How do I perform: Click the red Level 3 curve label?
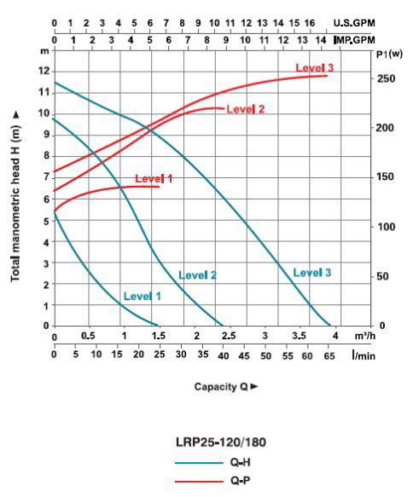point(315,68)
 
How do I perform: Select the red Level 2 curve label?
point(246,109)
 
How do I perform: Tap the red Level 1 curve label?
point(154,179)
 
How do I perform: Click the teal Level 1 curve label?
point(143,296)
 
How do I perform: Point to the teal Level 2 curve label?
point(197,275)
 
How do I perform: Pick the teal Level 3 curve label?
point(311,273)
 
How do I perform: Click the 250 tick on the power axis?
point(387,78)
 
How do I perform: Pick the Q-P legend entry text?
point(241,481)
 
